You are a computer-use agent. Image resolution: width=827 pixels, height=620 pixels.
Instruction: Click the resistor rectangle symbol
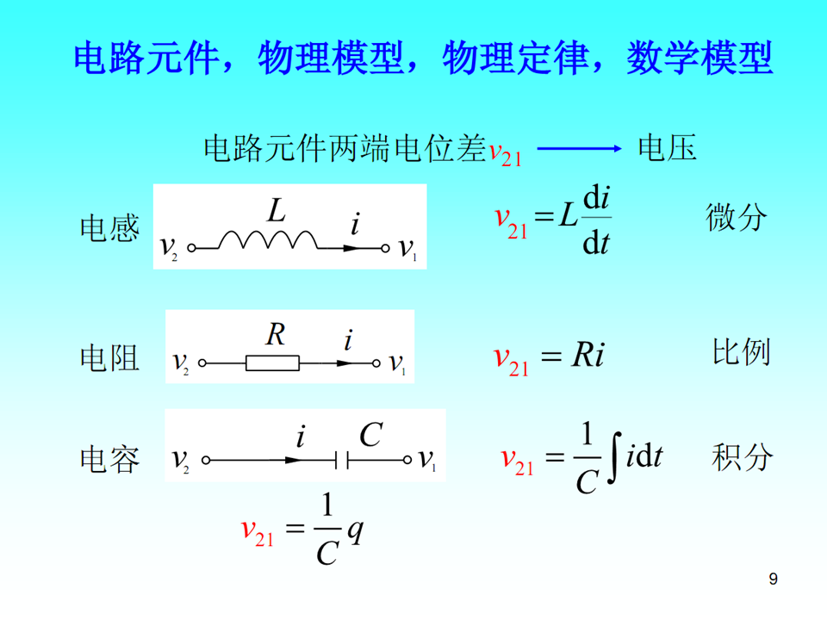point(272,363)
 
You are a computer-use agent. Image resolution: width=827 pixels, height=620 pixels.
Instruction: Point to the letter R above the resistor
point(275,335)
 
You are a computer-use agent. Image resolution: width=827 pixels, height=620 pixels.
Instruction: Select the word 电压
point(667,148)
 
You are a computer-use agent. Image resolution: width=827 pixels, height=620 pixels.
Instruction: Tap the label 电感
point(109,229)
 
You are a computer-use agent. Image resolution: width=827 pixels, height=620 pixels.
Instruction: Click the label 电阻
point(109,356)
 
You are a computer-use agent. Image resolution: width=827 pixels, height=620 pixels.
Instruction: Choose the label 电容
point(109,460)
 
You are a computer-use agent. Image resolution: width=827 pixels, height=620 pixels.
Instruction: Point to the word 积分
point(741,456)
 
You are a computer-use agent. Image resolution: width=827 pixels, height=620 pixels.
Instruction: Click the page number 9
point(773,579)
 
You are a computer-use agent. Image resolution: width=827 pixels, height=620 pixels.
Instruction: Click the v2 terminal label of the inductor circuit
point(168,249)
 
